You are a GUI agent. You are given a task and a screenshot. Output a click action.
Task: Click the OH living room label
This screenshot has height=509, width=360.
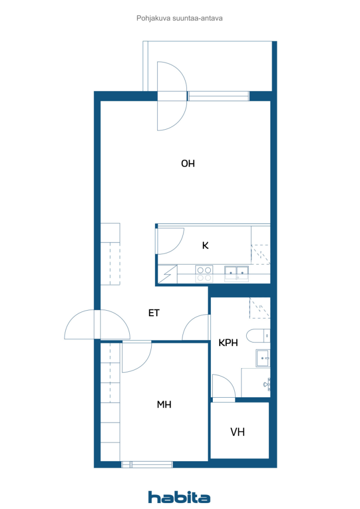(188, 163)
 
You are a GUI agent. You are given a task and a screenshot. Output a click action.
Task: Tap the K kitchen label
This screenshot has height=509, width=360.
(205, 246)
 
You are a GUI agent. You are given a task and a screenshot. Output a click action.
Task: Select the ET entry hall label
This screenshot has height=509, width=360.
(154, 313)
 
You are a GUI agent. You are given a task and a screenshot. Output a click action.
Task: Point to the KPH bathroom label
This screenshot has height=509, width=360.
(228, 342)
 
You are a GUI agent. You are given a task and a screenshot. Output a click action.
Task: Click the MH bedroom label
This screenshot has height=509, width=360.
(164, 405)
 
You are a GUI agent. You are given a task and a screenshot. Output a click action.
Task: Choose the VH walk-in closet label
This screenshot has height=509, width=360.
(237, 432)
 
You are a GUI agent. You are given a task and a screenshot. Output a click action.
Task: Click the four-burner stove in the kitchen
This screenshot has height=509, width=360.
(204, 273)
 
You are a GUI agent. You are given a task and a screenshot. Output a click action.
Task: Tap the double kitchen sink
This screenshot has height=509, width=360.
(236, 273)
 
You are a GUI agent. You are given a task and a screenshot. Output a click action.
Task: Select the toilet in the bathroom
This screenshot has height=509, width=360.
(258, 336)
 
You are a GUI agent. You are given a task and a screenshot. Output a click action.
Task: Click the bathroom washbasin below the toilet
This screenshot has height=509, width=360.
(263, 358)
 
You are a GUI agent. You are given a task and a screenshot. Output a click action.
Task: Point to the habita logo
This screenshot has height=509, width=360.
(179, 497)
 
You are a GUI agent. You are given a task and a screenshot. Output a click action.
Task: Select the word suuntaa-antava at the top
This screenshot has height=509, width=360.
(197, 18)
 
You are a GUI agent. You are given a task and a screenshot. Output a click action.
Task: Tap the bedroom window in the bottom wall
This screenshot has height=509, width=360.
(147, 465)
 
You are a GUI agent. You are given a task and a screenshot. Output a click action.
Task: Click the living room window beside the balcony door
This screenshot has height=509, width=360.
(218, 96)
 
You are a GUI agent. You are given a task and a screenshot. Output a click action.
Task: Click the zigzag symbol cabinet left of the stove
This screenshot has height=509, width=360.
(168, 274)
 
